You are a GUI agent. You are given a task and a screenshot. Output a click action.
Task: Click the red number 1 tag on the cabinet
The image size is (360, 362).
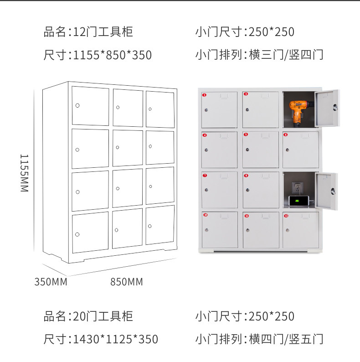click(x=205, y=95)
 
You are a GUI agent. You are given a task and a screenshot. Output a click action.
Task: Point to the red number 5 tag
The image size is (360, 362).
click(x=246, y=135)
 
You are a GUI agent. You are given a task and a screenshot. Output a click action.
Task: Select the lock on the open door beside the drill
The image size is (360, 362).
click(x=336, y=107)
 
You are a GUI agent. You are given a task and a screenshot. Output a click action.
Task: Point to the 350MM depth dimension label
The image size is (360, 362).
click(x=51, y=282)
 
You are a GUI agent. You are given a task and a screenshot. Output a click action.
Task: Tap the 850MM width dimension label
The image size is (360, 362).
click(x=127, y=282)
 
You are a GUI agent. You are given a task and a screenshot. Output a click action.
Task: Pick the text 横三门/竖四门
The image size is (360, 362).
click(x=286, y=56)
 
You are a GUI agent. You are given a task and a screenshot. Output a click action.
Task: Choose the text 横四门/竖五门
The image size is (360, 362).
click(x=286, y=339)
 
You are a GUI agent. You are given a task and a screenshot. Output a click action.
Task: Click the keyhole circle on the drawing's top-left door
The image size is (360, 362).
click(x=77, y=106)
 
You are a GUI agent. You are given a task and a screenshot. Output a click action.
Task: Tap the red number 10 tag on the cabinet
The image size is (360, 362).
click(x=205, y=215)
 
